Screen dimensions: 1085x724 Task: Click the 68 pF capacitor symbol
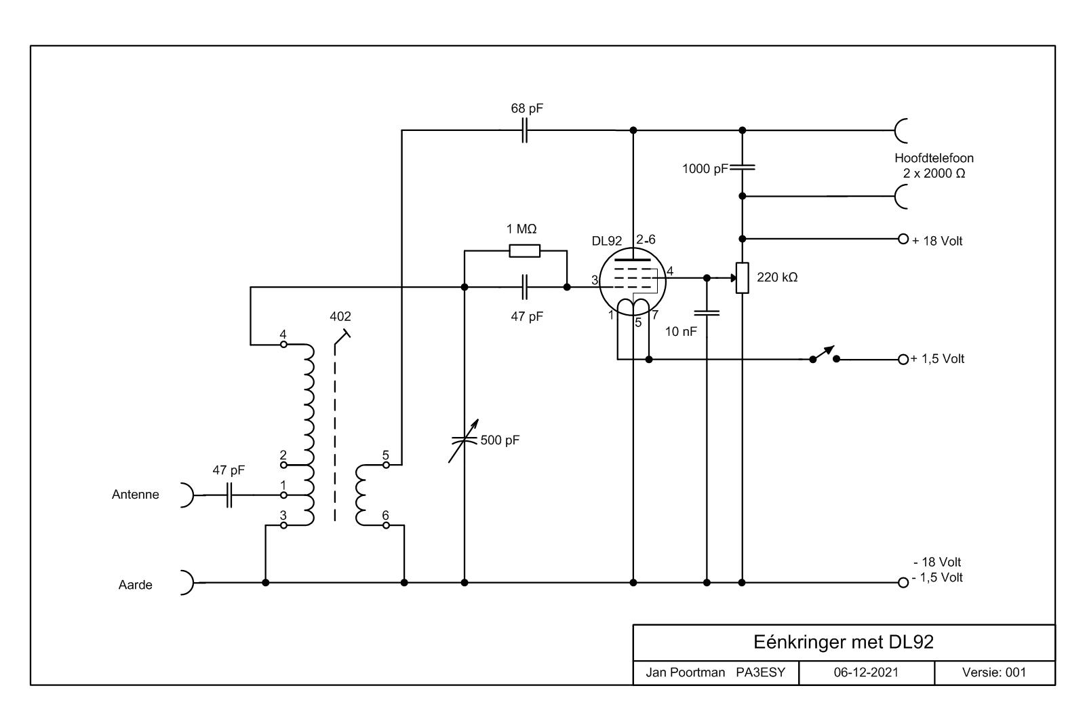click(x=525, y=130)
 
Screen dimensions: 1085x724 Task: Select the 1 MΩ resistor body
click(x=525, y=251)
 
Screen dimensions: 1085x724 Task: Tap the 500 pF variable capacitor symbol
click(x=464, y=440)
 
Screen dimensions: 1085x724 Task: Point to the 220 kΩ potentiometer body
click(x=742, y=278)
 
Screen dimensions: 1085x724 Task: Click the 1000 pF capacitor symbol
click(x=742, y=168)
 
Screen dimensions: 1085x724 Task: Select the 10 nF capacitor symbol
click(x=707, y=313)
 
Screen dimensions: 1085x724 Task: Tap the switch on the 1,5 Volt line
click(x=825, y=356)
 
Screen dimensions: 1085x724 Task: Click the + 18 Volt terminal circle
click(x=903, y=239)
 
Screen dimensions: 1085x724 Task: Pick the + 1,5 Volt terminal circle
click(x=903, y=360)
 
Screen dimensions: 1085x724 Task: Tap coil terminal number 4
click(x=284, y=345)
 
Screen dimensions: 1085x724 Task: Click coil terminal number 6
click(x=386, y=525)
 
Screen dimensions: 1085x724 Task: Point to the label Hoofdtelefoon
click(x=934, y=158)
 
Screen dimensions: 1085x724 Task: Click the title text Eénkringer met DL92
click(x=844, y=642)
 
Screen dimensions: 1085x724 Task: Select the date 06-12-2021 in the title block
click(x=866, y=672)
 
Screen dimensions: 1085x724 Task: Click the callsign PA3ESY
click(x=760, y=672)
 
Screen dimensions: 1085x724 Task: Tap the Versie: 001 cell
click(x=994, y=672)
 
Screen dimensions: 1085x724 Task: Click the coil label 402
click(x=340, y=316)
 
